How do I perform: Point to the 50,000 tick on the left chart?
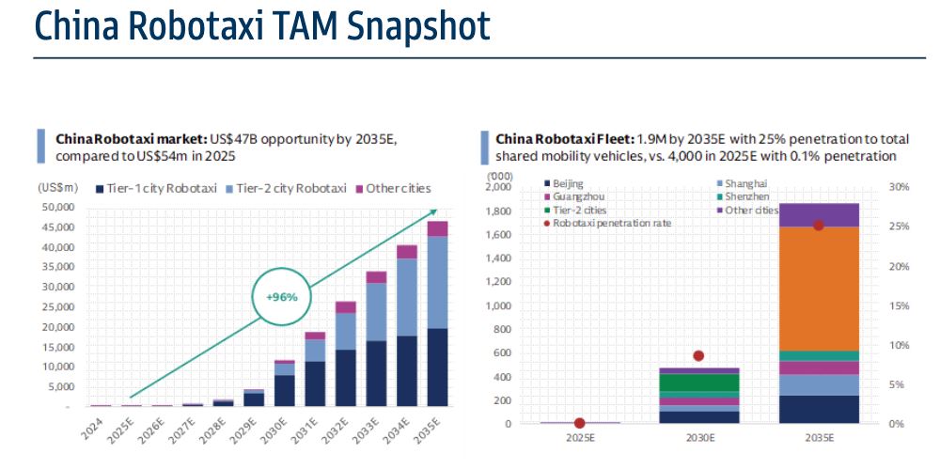click(x=57, y=207)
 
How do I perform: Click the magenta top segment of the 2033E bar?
click(x=375, y=276)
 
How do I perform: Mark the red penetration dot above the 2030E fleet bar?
click(x=698, y=355)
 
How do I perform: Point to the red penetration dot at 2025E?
click(x=579, y=423)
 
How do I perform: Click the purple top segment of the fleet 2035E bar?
click(x=819, y=215)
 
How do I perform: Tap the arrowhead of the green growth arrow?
click(x=433, y=212)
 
